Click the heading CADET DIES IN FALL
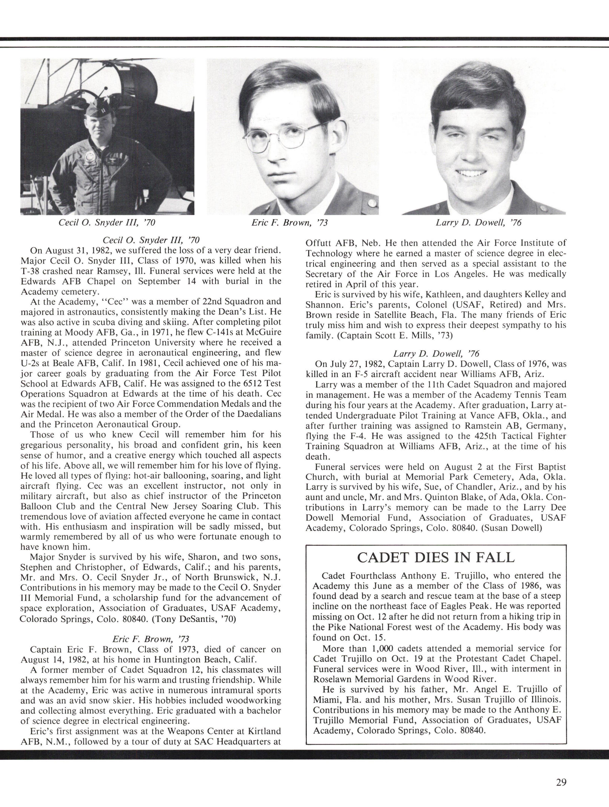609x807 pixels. tap(436, 557)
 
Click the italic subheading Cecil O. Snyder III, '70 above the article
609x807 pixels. tap(151, 240)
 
